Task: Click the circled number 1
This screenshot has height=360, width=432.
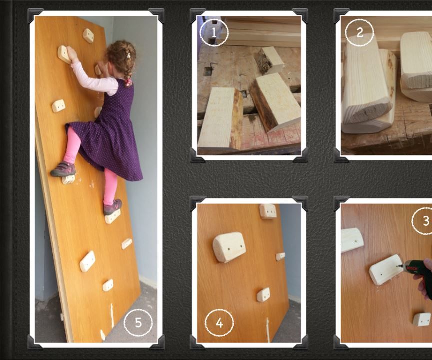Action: pyautogui.click(x=214, y=32)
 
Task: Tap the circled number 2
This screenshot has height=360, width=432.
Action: pyautogui.click(x=359, y=32)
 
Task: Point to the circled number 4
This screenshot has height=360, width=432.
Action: pyautogui.click(x=219, y=323)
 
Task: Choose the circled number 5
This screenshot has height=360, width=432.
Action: pyautogui.click(x=138, y=323)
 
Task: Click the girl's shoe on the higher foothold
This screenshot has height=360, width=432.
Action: pyautogui.click(x=63, y=169)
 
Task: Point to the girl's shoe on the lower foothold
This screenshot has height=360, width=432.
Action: pyautogui.click(x=113, y=206)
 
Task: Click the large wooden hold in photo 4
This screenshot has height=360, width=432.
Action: pyautogui.click(x=229, y=248)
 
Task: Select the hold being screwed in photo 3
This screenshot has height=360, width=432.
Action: pyautogui.click(x=386, y=269)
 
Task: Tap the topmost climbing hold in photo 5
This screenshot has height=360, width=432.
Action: pyautogui.click(x=88, y=35)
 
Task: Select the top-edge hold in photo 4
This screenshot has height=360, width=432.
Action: pyautogui.click(x=268, y=211)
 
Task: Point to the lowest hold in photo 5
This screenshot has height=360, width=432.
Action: pyautogui.click(x=108, y=285)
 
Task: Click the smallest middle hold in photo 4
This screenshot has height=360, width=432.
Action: pyautogui.click(x=263, y=294)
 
